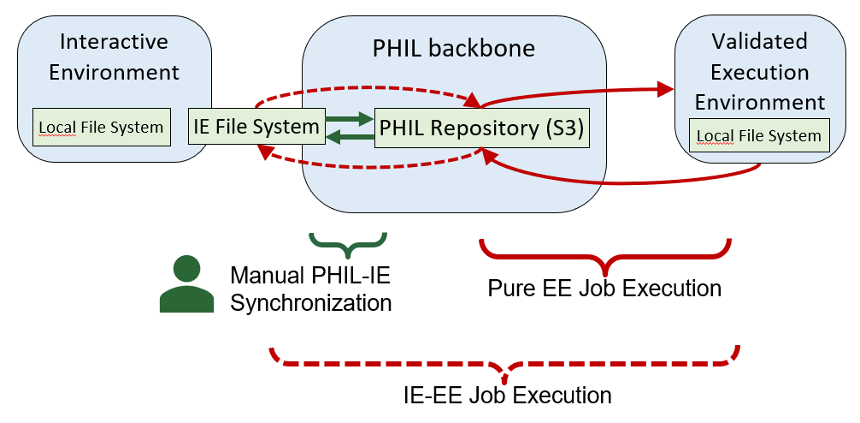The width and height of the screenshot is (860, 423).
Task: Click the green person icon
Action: tap(186, 284)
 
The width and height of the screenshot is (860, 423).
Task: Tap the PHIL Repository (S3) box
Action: tap(482, 128)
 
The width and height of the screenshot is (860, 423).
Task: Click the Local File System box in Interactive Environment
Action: tap(100, 128)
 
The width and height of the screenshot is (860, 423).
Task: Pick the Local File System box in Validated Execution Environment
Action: tap(759, 136)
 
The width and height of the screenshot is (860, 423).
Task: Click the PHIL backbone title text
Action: tap(454, 48)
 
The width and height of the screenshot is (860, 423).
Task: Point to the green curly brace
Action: tap(348, 244)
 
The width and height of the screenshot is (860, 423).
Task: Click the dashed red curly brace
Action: tap(504, 364)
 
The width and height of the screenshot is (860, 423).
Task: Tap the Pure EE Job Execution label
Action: tap(604, 288)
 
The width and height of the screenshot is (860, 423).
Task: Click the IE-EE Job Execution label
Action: tap(507, 396)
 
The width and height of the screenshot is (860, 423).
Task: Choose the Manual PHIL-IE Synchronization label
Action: tap(311, 289)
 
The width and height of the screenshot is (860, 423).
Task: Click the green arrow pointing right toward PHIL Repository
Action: tap(350, 119)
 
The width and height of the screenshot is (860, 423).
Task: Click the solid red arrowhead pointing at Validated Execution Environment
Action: tap(665, 88)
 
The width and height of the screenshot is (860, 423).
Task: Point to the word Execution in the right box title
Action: tap(759, 72)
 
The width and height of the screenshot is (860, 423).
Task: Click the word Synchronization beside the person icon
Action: tap(311, 302)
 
